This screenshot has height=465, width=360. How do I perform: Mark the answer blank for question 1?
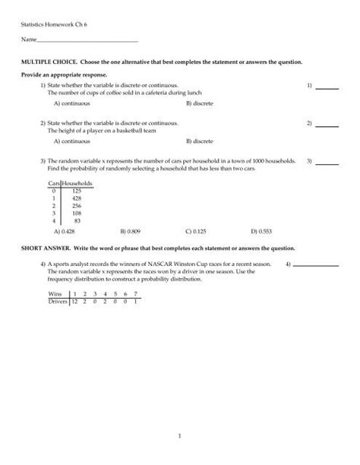(x=327, y=87)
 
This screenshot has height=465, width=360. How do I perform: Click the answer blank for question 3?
(x=327, y=162)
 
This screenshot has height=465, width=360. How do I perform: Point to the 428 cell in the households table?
(x=76, y=198)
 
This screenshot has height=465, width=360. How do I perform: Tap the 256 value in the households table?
(x=76, y=206)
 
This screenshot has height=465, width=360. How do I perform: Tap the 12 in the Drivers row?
(x=74, y=302)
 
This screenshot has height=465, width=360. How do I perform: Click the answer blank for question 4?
(x=314, y=265)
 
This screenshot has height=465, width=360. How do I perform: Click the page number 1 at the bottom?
(x=180, y=435)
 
